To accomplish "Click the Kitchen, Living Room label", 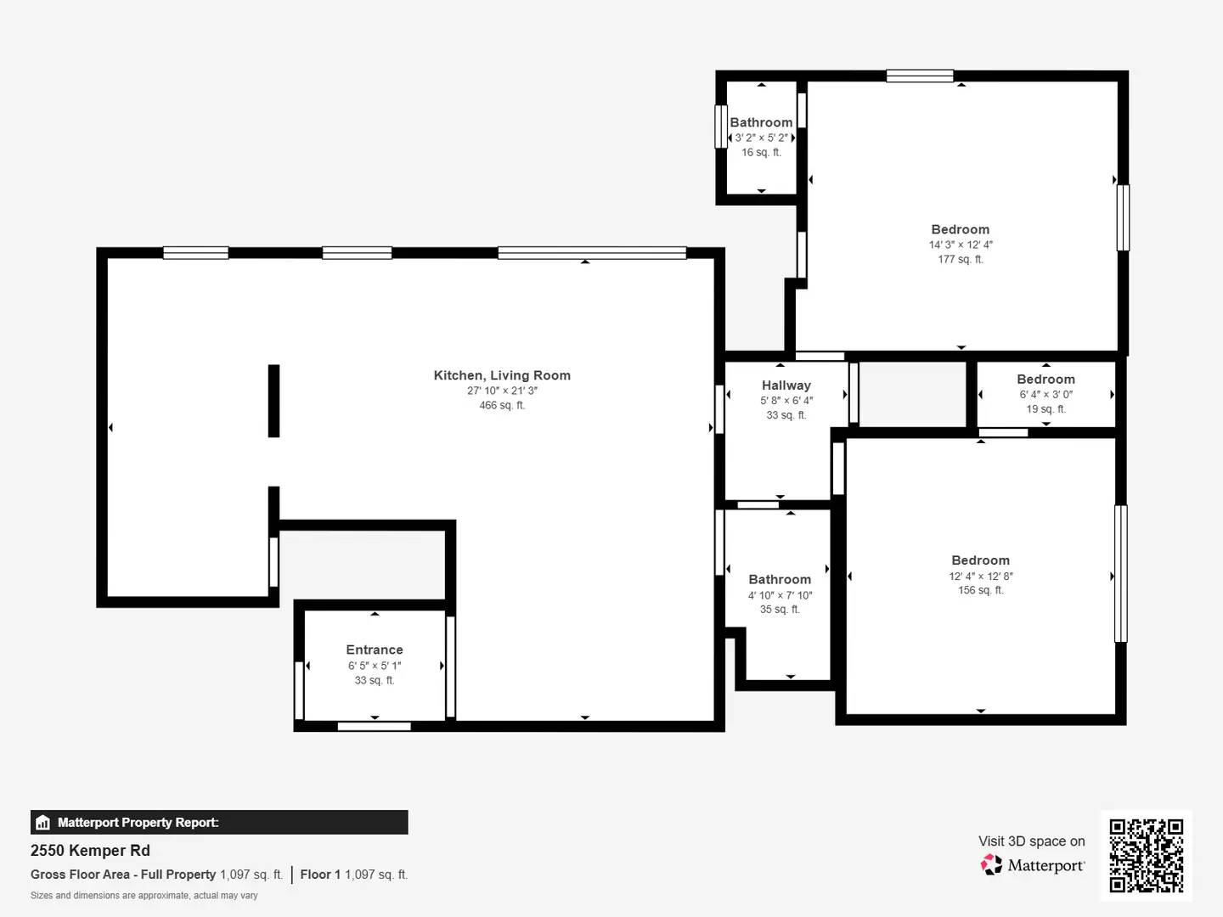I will click(502, 375).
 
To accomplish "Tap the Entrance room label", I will click(375, 650).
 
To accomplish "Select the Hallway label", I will click(786, 385).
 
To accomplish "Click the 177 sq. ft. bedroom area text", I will click(961, 259).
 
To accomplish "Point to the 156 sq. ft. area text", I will click(981, 590).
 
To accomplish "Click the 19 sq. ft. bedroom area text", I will click(1045, 409).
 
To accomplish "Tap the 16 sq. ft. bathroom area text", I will click(761, 153).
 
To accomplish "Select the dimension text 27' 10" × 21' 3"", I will click(502, 391).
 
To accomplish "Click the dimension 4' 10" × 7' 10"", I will click(780, 595).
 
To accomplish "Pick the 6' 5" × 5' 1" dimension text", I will click(375, 666).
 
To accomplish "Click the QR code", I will click(1147, 855).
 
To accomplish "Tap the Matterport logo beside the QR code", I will click(1033, 865).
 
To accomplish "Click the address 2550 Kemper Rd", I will click(90, 851).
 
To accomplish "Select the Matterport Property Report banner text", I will click(138, 823).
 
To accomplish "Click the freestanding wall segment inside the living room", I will click(273, 401).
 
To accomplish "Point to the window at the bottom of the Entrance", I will click(374, 726).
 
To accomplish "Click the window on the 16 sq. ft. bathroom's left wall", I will click(721, 127).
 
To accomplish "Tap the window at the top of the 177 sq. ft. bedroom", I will click(920, 76).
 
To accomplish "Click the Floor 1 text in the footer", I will click(320, 875).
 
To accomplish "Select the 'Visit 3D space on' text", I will click(1031, 841).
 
